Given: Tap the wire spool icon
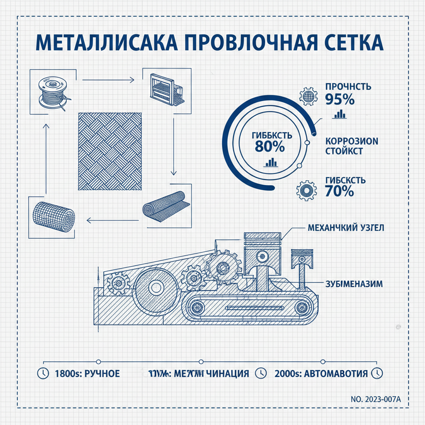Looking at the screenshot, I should [x=51, y=93].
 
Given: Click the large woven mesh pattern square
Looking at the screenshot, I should [x=110, y=151].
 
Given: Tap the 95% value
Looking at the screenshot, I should [x=340, y=100].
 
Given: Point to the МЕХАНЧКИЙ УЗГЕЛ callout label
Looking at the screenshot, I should [x=346, y=228].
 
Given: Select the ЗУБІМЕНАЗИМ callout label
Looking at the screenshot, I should [x=352, y=284].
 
